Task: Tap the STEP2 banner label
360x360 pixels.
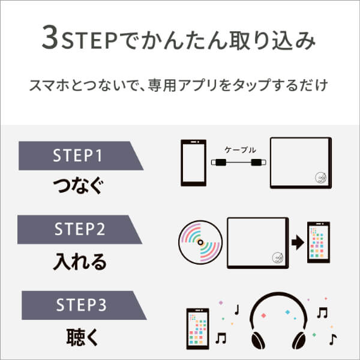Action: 80,229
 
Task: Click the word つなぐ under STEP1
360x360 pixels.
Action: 78,185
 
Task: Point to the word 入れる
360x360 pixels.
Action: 80,262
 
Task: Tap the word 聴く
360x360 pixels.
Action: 82,337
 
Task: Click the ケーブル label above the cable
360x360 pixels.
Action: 240,150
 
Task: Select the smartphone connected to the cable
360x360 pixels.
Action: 194,163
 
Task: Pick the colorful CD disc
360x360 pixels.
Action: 200,242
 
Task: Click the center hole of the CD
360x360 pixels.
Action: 200,242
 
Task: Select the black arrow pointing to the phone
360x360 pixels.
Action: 298,242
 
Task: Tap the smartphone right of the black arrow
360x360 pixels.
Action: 319,242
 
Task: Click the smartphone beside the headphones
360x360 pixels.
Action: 197,329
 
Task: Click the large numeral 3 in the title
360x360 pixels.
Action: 50,37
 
